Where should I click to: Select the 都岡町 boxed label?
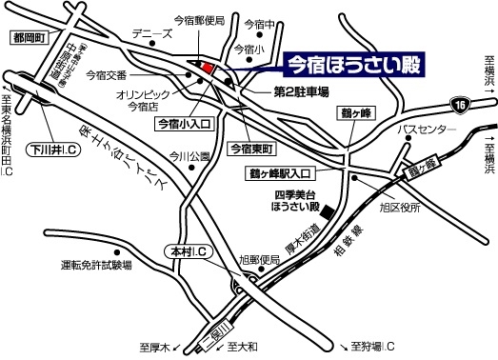tap(28, 39)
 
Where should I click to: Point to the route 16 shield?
tap(461, 102)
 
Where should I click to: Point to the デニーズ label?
tap(151, 33)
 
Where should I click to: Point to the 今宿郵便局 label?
tap(199, 19)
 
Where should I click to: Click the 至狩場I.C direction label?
tap(371, 345)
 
